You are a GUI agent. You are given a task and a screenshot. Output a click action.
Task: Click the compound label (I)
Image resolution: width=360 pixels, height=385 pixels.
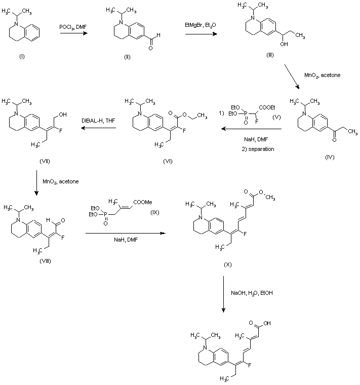(21, 55)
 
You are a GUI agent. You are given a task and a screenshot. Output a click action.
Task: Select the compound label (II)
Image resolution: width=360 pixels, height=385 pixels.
(127, 56)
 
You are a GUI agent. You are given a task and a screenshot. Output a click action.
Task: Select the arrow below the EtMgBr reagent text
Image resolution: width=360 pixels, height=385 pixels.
(198, 34)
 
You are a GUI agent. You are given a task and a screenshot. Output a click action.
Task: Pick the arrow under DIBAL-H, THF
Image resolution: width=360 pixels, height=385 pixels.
(99, 129)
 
